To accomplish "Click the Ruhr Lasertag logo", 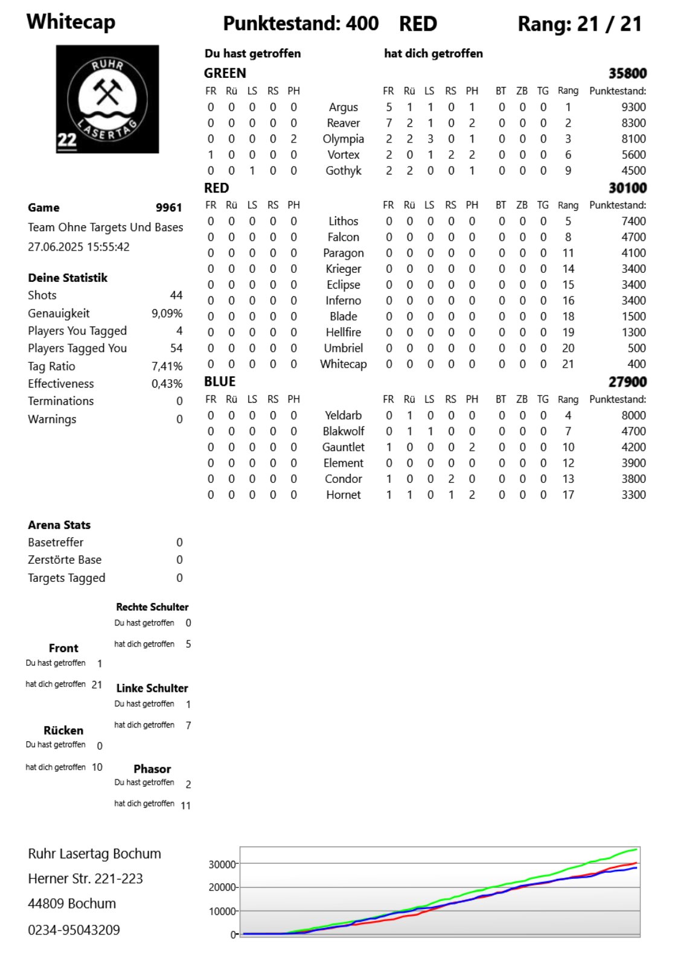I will (x=107, y=99).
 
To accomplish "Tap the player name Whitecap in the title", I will (x=71, y=22).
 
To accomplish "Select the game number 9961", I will (x=168, y=208).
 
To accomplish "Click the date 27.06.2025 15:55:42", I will (x=78, y=247).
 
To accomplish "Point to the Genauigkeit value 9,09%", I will (x=167, y=313).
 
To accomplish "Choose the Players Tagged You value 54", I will (x=176, y=348).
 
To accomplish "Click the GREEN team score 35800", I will (x=627, y=74).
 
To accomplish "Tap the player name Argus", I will (x=343, y=107).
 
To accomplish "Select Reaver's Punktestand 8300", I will (x=633, y=123).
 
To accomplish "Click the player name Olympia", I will (x=343, y=139).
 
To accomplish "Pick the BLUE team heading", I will (x=220, y=382).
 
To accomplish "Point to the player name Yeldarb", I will (x=343, y=415).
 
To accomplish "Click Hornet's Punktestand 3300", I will (x=633, y=495).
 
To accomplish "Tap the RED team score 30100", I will (x=627, y=188).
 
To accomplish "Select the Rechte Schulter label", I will (x=152, y=607).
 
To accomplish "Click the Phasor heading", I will (x=152, y=769).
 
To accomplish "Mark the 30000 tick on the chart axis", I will (x=222, y=864).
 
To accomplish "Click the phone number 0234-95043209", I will (x=74, y=930).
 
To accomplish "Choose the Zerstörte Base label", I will (x=65, y=560).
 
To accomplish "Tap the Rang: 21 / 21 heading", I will (x=579, y=24).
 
